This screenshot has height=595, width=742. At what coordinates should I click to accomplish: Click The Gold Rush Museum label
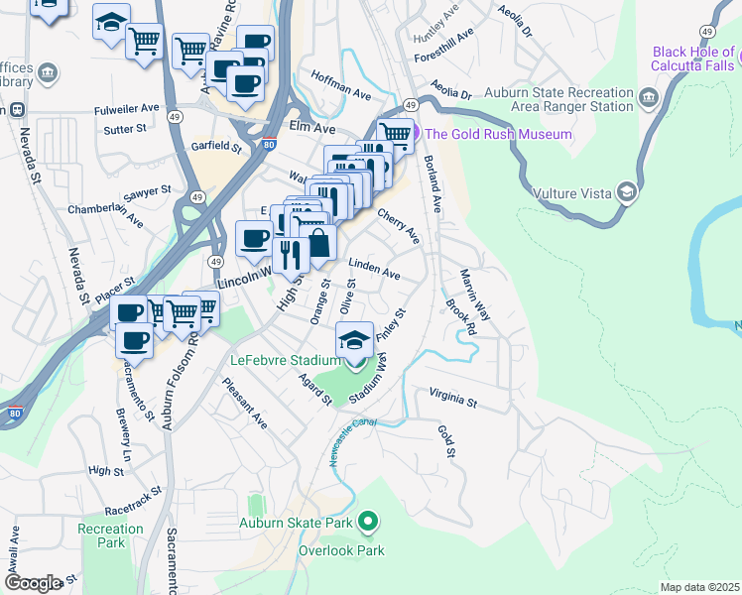(499, 134)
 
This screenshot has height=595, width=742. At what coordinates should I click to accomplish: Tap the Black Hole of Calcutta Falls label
(695, 59)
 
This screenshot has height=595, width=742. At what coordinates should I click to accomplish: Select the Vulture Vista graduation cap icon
(626, 192)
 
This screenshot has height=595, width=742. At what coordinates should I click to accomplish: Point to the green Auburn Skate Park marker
(368, 520)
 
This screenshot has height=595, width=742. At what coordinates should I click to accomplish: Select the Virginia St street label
(453, 401)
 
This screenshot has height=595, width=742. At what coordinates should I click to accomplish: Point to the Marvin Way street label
(474, 295)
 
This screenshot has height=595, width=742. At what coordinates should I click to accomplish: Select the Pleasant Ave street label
(246, 408)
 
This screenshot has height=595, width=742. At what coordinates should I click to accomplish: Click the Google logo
(32, 582)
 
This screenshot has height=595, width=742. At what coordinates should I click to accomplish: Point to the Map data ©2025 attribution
(699, 587)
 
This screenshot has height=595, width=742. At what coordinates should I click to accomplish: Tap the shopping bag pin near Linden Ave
(318, 240)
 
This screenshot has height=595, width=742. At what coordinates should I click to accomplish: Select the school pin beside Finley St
(354, 340)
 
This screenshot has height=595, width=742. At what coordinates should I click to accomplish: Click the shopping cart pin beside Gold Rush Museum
(395, 133)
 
